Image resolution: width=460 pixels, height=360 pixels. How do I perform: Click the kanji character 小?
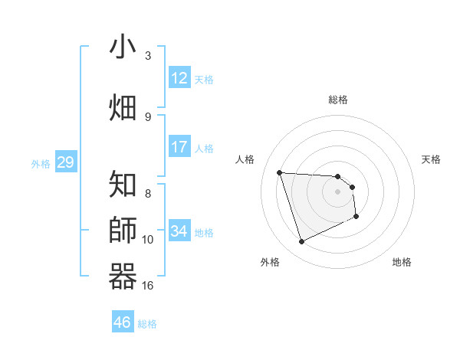(x=123, y=48)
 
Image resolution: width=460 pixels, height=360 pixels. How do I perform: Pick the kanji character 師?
(x=123, y=230)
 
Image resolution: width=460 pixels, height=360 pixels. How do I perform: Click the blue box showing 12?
(x=179, y=78)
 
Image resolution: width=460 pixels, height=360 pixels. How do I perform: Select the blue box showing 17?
(x=179, y=147)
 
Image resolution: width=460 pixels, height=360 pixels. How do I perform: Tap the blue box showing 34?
(x=179, y=231)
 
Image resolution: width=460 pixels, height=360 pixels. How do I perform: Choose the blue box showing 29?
(x=65, y=162)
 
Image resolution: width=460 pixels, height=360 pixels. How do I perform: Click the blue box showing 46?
(x=123, y=322)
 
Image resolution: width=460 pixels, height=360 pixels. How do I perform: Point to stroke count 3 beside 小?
(x=148, y=56)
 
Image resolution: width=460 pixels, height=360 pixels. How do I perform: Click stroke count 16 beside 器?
(x=148, y=286)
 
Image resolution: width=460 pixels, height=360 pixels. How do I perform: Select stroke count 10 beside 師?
(x=148, y=240)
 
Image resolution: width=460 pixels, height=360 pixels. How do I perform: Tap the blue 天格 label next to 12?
(x=204, y=80)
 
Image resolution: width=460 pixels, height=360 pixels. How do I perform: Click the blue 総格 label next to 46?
(x=147, y=324)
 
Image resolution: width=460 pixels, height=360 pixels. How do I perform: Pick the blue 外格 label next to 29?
(x=40, y=164)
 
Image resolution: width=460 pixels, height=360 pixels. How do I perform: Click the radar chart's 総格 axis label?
(x=338, y=100)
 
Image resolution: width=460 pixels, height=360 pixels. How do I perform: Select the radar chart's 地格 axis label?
(x=402, y=262)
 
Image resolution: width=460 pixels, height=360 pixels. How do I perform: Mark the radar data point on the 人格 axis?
(x=280, y=172)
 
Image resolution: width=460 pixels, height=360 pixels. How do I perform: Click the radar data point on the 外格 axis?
(x=301, y=242)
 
